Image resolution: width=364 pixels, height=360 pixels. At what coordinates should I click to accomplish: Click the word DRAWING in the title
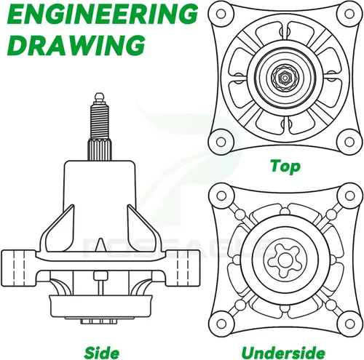point(76,45)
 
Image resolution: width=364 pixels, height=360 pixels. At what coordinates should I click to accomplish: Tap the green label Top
point(285,167)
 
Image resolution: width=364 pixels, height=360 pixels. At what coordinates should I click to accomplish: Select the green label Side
point(102,353)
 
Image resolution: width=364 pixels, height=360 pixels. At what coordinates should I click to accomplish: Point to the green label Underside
point(283,353)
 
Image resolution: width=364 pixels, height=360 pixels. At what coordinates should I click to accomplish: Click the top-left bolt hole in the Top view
point(221,14)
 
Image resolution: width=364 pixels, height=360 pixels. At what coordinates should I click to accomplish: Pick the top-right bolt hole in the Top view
point(349,14)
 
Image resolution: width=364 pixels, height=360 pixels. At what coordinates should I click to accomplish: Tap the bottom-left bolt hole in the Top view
point(221,142)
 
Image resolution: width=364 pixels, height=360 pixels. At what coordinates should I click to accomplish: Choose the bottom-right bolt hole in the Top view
point(349,142)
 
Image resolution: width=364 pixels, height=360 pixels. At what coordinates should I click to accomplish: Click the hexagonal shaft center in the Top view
point(285,78)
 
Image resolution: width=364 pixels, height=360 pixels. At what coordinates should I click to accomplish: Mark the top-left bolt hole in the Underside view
point(221,196)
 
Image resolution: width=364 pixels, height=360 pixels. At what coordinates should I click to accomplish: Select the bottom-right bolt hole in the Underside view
point(349,324)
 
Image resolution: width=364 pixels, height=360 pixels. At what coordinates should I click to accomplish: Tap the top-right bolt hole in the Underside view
point(349,196)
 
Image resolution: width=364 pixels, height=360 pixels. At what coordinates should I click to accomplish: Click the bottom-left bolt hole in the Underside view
point(221,324)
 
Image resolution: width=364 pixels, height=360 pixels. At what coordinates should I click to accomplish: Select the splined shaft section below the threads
point(100,149)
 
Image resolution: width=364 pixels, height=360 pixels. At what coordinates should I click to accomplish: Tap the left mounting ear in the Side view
point(19,268)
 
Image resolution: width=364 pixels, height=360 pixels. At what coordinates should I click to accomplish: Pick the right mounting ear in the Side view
point(183,268)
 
